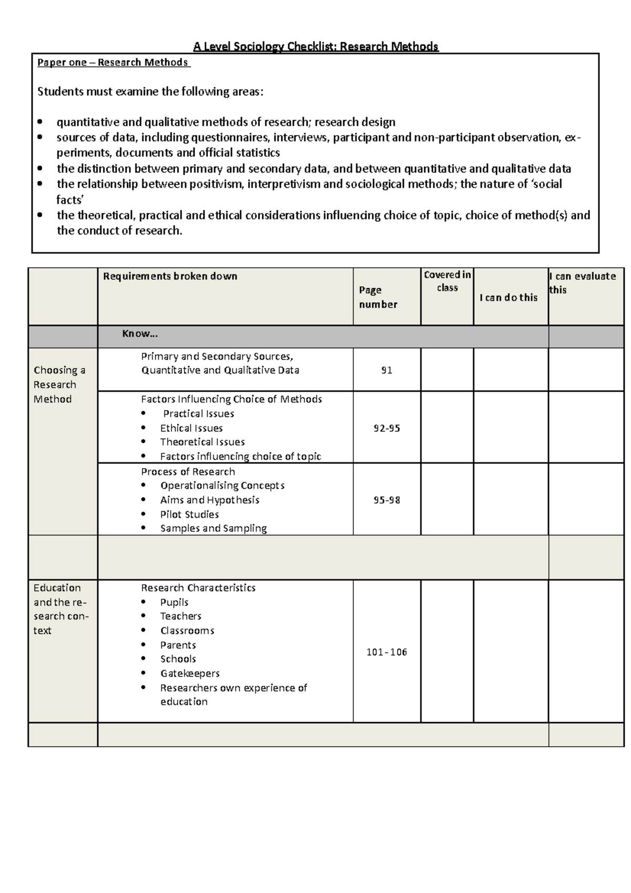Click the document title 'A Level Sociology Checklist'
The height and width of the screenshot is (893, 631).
pyautogui.click(x=315, y=47)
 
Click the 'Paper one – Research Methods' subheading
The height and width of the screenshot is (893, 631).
pyautogui.click(x=113, y=63)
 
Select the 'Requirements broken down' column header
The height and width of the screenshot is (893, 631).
pyautogui.click(x=170, y=277)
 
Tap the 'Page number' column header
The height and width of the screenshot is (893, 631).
pyautogui.click(x=378, y=297)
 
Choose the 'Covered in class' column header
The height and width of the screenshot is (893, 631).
pyautogui.click(x=447, y=281)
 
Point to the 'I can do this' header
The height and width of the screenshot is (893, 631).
pyautogui.click(x=508, y=298)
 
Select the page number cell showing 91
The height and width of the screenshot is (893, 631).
pyautogui.click(x=386, y=370)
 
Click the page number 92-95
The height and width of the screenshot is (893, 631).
pyautogui.click(x=386, y=428)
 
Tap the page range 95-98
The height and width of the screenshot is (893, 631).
pyautogui.click(x=386, y=500)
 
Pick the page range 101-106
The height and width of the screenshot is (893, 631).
pyautogui.click(x=386, y=652)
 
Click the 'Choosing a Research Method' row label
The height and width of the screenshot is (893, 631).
pyautogui.click(x=59, y=384)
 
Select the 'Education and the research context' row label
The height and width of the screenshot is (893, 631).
pyautogui.click(x=60, y=609)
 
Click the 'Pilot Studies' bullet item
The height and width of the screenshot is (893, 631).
pyautogui.click(x=189, y=514)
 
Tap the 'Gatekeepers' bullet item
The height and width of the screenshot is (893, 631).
pyautogui.click(x=190, y=673)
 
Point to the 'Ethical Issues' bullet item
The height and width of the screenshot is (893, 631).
pyautogui.click(x=191, y=428)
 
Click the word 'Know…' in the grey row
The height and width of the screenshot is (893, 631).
pyautogui.click(x=140, y=334)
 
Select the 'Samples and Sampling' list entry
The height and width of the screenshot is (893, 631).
pyautogui.click(x=213, y=529)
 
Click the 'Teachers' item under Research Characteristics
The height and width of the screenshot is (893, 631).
pyautogui.click(x=181, y=616)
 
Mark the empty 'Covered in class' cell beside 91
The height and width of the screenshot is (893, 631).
pyautogui.click(x=447, y=370)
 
